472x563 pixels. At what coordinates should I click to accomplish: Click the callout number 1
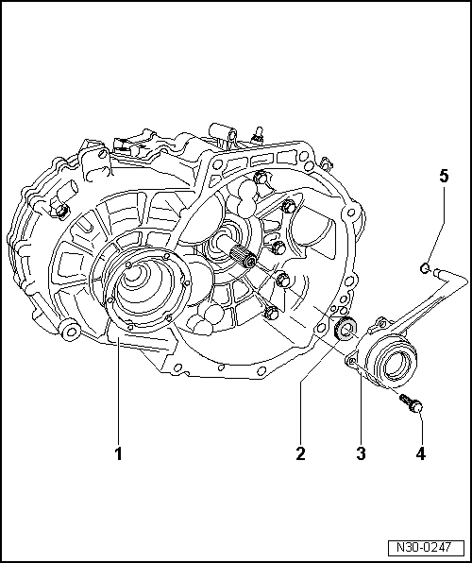tap(119, 453)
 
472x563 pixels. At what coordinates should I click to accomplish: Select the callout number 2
tap(300, 453)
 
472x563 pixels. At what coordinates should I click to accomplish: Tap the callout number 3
tap(361, 453)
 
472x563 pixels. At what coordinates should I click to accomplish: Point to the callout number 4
tap(420, 453)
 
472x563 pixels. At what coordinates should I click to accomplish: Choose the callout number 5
tap(443, 176)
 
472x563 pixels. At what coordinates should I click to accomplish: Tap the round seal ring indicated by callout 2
tap(346, 329)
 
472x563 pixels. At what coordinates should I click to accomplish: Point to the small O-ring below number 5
tap(426, 268)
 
